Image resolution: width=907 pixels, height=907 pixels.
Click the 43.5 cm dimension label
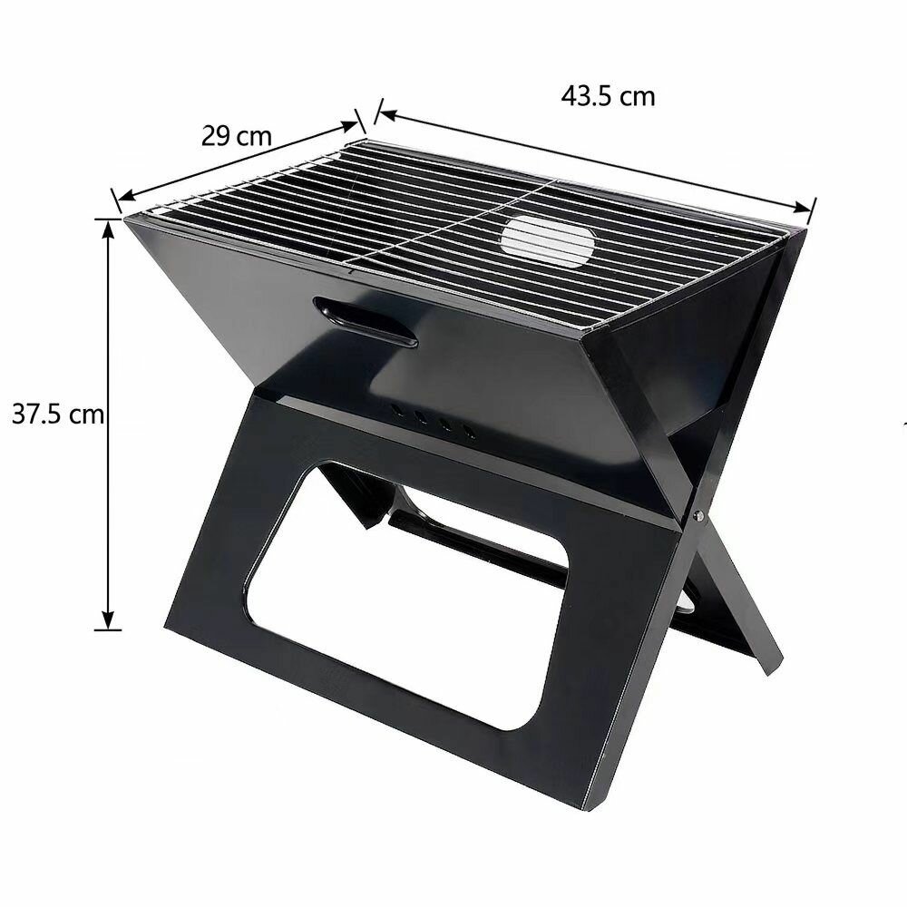click(608, 96)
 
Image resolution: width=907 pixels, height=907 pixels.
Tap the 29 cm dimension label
click(237, 137)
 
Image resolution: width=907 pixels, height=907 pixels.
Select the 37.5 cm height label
click(58, 414)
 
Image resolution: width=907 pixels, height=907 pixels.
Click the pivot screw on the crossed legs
click(698, 515)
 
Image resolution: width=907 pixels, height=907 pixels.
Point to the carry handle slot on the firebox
click(365, 322)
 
